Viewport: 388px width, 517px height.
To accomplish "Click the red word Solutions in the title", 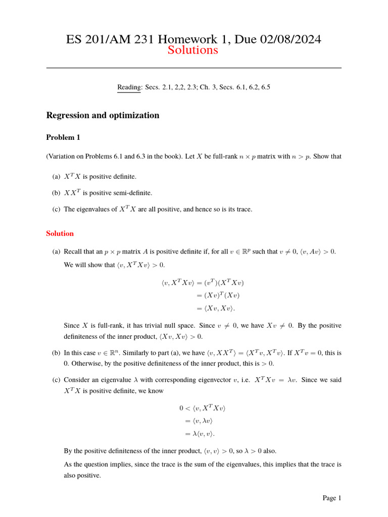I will pos(193,50).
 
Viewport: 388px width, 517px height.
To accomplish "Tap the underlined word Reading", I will pos(129,87).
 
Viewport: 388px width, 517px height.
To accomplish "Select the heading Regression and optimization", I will pos(103,115).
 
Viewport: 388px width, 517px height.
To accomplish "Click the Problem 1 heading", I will pos(63,137).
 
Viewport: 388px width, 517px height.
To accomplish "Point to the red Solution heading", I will pos(60,233).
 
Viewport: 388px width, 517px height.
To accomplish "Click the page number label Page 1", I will pos(332,498).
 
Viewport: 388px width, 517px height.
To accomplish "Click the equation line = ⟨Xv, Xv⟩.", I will pos(209,308).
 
